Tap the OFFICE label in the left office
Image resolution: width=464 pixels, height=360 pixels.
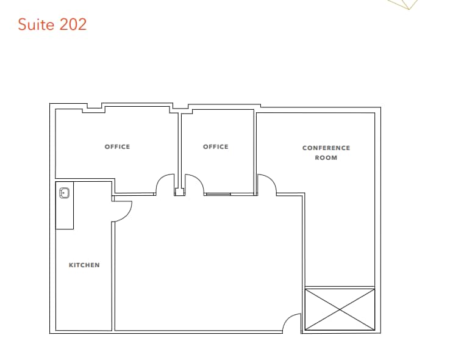(117, 146)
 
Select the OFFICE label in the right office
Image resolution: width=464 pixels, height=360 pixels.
(215, 146)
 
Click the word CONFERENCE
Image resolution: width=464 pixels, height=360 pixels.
(326, 148)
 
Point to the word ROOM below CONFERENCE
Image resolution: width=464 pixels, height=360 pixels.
(326, 157)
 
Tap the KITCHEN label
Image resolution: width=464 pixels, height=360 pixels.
(84, 265)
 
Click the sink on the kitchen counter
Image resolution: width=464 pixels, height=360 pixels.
(64, 193)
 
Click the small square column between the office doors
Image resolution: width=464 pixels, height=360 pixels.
(179, 192)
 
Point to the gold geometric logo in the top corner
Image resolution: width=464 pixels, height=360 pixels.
(404, 4)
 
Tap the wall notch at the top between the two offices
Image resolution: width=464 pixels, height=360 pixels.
(180, 108)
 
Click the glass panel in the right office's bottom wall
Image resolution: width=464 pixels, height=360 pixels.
(218, 194)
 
